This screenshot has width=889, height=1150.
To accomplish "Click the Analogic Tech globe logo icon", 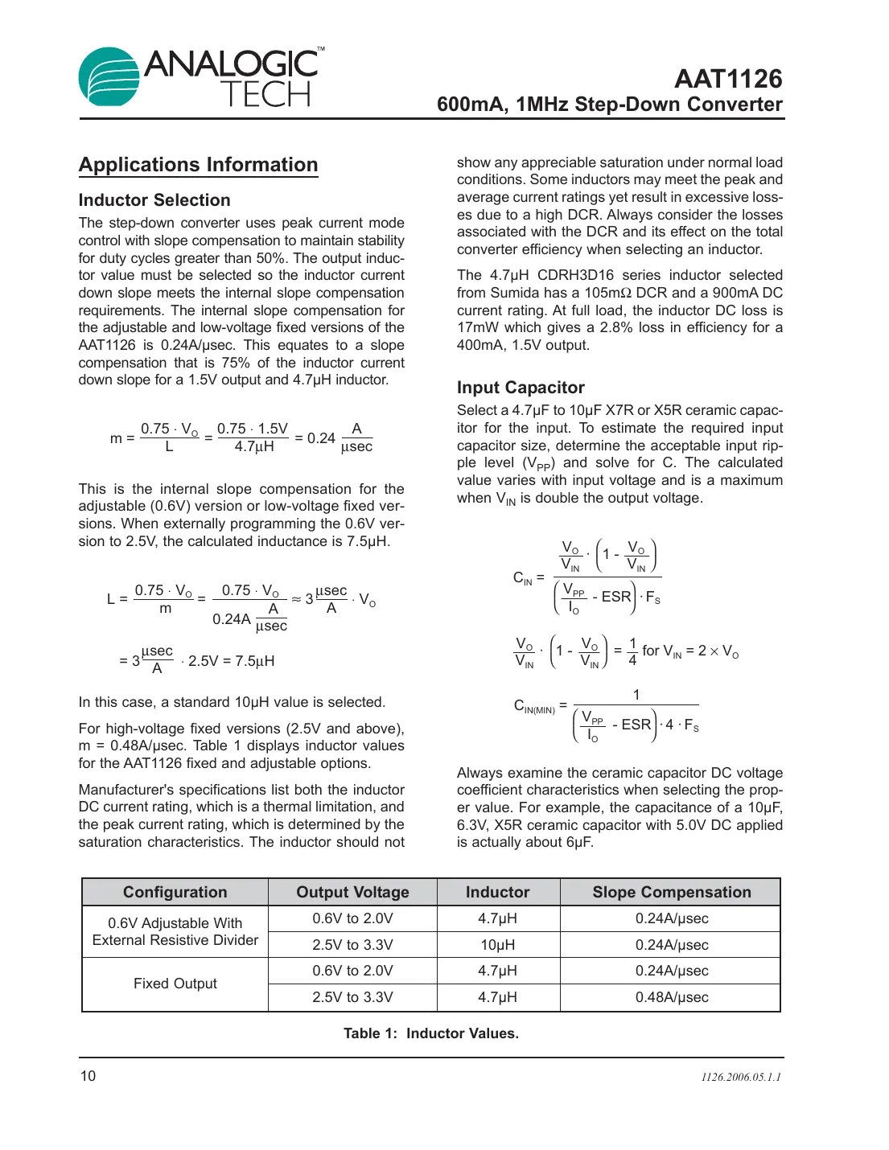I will [x=109, y=77].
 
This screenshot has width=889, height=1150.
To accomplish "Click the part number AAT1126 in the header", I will [x=727, y=79].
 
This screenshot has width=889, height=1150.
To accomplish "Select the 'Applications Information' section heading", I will [x=198, y=165].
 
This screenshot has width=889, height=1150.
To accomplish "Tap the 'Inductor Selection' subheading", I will [x=154, y=200].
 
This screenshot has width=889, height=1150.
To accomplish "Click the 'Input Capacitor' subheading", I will [x=521, y=388].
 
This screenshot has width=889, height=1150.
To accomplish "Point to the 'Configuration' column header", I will [x=175, y=892].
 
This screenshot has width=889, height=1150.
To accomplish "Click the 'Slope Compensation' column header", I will [x=671, y=892].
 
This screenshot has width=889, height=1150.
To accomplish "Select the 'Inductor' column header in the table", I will [x=497, y=892].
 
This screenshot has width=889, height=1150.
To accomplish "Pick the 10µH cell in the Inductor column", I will [x=497, y=945].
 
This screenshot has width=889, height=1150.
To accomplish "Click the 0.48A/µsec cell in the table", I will [x=671, y=997].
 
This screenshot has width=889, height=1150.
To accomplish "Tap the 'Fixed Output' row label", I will [x=175, y=984].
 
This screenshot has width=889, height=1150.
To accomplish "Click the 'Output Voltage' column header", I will [x=352, y=892].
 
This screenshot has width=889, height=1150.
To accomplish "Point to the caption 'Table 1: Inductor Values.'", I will [x=430, y=1033].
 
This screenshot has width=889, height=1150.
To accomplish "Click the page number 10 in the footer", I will [x=88, y=1076].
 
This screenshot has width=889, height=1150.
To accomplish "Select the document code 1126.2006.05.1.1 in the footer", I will [x=740, y=1077].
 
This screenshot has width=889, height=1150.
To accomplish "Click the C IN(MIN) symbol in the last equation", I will [x=533, y=707].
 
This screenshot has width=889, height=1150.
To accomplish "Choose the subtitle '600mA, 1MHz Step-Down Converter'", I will [x=609, y=105].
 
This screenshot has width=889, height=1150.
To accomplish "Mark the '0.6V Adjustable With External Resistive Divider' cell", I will [x=175, y=931].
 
